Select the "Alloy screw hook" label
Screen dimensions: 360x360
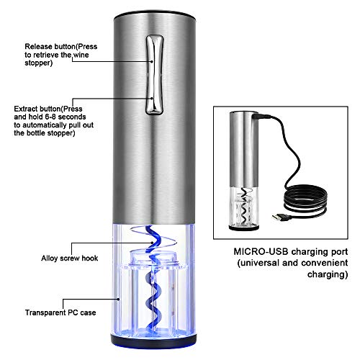(x=70, y=258)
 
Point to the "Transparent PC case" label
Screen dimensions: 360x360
(x=60, y=312)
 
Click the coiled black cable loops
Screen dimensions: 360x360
(x=305, y=199)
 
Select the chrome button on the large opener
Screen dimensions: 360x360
(x=154, y=74)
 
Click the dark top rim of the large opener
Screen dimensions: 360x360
(x=155, y=14)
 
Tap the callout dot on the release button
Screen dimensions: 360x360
(x=152, y=61)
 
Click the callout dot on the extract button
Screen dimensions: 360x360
(x=152, y=98)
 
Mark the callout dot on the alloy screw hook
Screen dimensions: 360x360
(x=152, y=243)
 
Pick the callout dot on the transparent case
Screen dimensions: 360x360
(x=118, y=299)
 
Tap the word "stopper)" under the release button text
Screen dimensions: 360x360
(x=38, y=63)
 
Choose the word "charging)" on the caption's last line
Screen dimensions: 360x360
(x=328, y=274)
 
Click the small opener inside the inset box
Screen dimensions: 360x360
(x=244, y=171)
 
